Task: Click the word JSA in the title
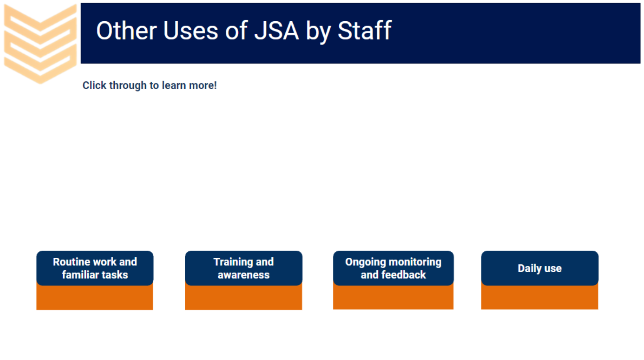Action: (x=276, y=31)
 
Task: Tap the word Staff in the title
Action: (x=364, y=30)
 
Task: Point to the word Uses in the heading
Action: (x=191, y=31)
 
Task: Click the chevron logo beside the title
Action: (x=40, y=43)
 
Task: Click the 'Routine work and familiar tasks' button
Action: (x=95, y=268)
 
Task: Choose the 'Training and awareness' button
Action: (x=243, y=268)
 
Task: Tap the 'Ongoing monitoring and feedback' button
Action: (x=393, y=268)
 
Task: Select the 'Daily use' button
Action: (x=540, y=268)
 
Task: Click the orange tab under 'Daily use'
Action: (x=540, y=297)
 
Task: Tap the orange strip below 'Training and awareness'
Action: (x=243, y=297)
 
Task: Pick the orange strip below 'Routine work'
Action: (x=95, y=297)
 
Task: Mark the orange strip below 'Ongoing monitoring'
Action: (x=393, y=297)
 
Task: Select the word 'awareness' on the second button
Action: (x=243, y=275)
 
